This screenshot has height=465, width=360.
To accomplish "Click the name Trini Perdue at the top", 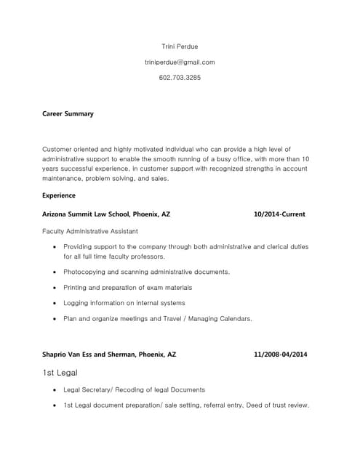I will pos(180,46).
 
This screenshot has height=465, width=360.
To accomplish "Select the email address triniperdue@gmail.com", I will pos(180,62).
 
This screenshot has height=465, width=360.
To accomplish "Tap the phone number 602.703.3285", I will pos(180,77).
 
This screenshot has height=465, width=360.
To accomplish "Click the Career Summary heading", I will pos(68,114).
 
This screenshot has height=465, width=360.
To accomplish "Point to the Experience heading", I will pos(59,195).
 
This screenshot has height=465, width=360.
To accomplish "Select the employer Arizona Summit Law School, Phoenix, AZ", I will pos(106,214).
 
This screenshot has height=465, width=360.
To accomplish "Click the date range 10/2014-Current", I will pos(279,214).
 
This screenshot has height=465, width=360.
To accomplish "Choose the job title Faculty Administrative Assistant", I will pos(93,231).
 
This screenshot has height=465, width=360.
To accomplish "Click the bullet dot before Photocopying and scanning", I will pos(56,272).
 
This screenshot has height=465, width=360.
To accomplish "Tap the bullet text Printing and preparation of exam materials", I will pos(127,288).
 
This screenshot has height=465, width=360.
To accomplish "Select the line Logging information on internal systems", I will pos(124,303).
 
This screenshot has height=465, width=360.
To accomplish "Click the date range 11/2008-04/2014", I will pos(280,355).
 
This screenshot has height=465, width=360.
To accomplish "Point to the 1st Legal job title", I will pos(60,373).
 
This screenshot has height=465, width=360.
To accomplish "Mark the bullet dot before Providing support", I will pos(56,247).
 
